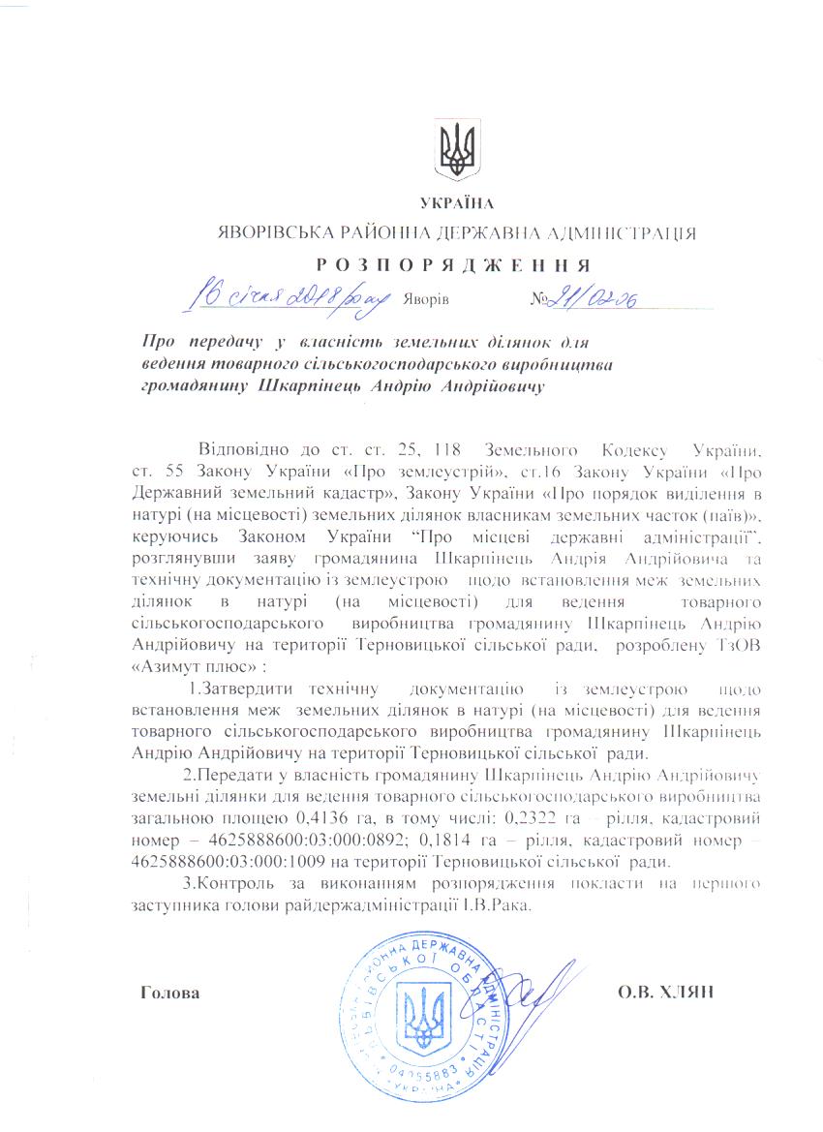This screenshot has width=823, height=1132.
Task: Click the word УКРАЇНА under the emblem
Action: [x=457, y=202]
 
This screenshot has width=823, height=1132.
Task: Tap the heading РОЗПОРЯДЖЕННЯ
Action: [x=454, y=263]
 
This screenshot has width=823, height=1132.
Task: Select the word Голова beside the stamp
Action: [x=170, y=994]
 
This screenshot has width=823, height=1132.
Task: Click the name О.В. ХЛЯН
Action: [x=663, y=994]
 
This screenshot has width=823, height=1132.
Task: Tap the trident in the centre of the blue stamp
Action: [x=426, y=1017]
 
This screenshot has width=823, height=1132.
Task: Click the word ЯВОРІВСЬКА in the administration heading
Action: [x=271, y=232]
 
